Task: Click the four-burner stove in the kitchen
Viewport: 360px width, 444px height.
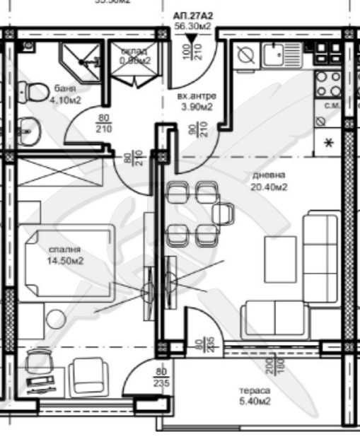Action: pos(330,83)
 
